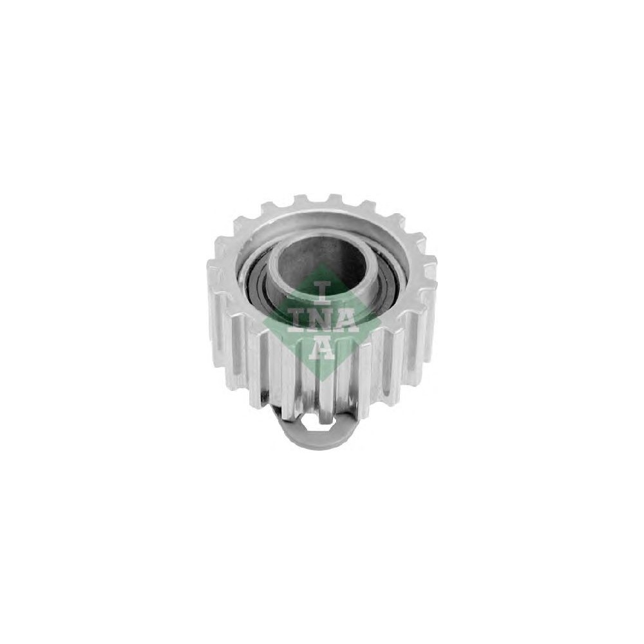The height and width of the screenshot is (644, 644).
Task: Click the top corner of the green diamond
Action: point(323,263)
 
